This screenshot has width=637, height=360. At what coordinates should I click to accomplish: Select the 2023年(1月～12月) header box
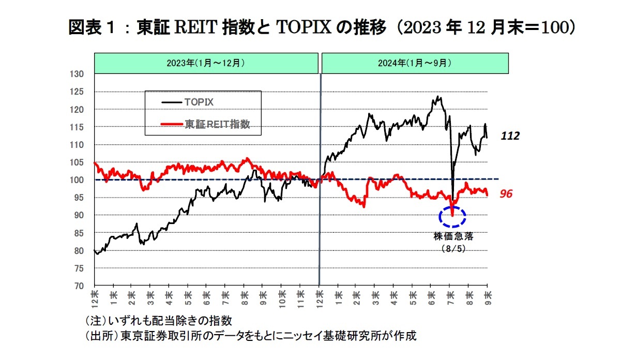[206, 63]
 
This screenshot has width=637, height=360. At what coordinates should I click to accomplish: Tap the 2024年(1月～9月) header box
[415, 63]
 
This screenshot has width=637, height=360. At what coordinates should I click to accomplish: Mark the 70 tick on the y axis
[79, 286]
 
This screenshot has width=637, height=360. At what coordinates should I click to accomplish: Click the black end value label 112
[510, 136]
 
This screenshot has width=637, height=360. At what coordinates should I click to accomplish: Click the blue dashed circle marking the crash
[452, 216]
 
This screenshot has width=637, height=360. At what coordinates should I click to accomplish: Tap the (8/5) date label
[453, 248]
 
